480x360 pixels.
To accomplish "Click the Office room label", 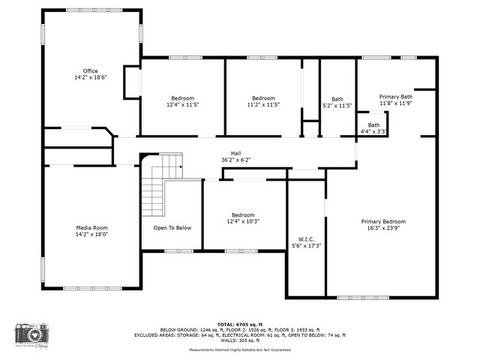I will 90,71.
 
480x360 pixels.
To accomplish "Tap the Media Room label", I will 92,228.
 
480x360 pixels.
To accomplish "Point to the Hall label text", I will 235,153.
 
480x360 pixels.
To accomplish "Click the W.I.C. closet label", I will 306,239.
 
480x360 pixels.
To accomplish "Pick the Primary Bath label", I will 395,97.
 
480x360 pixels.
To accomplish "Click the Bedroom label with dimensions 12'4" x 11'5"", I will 182,98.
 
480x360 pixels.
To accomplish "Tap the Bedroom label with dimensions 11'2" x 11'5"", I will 264,98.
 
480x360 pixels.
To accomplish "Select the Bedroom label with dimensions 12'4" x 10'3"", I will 243,215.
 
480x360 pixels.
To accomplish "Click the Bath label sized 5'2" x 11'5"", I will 337,99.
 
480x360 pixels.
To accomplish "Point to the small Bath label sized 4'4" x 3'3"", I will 373,124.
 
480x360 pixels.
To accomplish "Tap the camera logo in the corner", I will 33,334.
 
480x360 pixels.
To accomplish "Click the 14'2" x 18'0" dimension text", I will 92,234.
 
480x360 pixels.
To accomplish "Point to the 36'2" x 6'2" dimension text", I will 235,160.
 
